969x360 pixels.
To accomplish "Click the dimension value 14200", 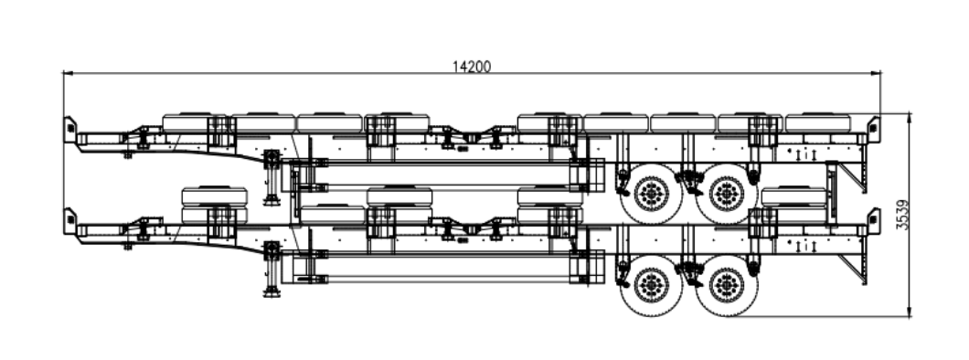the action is pyautogui.click(x=472, y=66).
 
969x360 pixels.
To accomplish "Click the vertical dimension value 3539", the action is pyautogui.click(x=902, y=215).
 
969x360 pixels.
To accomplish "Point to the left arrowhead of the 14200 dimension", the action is pyautogui.click(x=68, y=73).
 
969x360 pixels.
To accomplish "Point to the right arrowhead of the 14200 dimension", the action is pyautogui.click(x=876, y=73).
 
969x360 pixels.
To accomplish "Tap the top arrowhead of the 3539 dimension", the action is pyautogui.click(x=909, y=118).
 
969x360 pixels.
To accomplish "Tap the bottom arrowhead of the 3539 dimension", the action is pyautogui.click(x=909, y=312).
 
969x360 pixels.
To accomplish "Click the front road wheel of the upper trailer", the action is pyautogui.click(x=652, y=194).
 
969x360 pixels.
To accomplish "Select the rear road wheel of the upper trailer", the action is pyautogui.click(x=727, y=194).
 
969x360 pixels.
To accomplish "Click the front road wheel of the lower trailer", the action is pyautogui.click(x=652, y=286).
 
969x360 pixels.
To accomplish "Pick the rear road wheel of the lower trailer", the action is pyautogui.click(x=727, y=286).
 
